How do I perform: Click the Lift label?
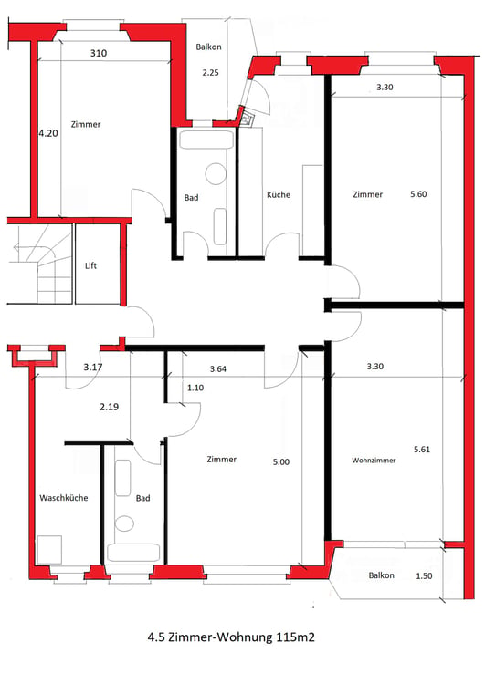[x=90, y=265]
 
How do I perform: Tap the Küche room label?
[x=279, y=194]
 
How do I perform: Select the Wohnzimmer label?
[x=374, y=461]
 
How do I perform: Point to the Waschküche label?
[x=64, y=498]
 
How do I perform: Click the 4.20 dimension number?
[x=48, y=133]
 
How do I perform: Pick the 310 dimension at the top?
[x=99, y=53]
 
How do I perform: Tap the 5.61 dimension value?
[x=422, y=450]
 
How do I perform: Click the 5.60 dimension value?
[x=418, y=194]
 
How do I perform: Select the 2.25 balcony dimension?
[x=210, y=73]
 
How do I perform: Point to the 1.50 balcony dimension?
[x=424, y=575]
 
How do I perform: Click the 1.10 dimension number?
[x=195, y=388]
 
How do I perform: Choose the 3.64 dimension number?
[x=217, y=369]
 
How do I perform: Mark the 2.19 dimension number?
[x=109, y=407]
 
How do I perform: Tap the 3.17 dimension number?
[x=92, y=368]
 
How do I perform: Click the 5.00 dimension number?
[x=281, y=462]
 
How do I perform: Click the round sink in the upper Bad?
[x=216, y=173]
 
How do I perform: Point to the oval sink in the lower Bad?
[x=124, y=523]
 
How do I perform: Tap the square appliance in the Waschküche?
[x=49, y=549]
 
